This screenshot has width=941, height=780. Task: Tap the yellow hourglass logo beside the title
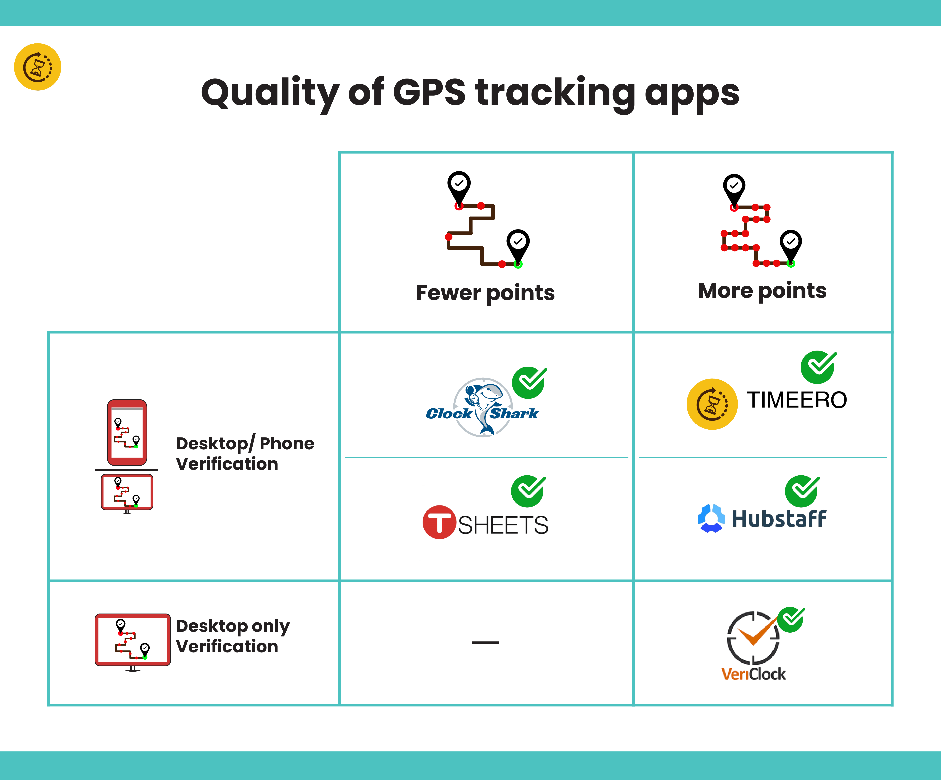click(x=38, y=67)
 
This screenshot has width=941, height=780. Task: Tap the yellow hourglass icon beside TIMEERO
click(x=712, y=404)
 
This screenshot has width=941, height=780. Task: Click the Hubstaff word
click(x=779, y=519)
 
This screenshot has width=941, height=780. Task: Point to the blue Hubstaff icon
click(x=711, y=518)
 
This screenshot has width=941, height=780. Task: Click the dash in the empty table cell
click(x=485, y=643)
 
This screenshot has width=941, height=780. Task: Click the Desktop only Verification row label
click(x=232, y=636)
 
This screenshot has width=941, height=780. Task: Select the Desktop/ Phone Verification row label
click(x=245, y=453)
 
